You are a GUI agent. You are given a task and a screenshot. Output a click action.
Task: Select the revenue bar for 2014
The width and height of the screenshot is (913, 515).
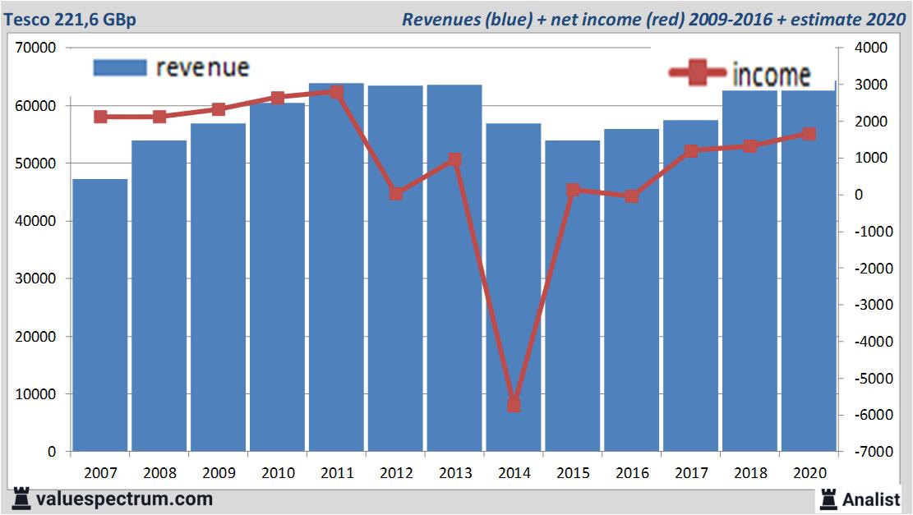pyautogui.click(x=514, y=287)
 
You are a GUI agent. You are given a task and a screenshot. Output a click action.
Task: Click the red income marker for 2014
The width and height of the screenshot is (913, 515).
pyautogui.click(x=514, y=405)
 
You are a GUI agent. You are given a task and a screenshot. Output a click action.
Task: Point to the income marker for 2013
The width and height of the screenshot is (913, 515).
pyautogui.click(x=455, y=159)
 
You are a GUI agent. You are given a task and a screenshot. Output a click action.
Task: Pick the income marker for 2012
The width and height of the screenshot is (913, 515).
pyautogui.click(x=396, y=194)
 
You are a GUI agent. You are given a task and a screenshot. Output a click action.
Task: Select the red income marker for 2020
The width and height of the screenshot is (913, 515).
pyautogui.click(x=809, y=134)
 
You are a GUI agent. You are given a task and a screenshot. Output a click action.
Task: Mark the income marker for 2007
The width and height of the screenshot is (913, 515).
pyautogui.click(x=100, y=117)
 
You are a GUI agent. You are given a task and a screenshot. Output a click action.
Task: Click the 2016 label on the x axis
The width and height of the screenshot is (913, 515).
pyautogui.click(x=632, y=473)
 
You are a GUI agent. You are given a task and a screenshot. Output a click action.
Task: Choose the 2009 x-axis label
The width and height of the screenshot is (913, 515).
pyautogui.click(x=219, y=473)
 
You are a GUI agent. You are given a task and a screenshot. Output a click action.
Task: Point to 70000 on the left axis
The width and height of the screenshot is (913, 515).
pyautogui.click(x=37, y=48)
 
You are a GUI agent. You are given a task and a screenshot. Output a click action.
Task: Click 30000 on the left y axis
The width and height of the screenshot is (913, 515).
pyautogui.click(x=37, y=278)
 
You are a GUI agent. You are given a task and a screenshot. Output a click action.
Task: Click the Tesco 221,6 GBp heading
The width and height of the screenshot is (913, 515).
pyautogui.click(x=70, y=20)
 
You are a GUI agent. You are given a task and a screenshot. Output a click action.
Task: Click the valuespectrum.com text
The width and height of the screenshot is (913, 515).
pyautogui.click(x=124, y=499)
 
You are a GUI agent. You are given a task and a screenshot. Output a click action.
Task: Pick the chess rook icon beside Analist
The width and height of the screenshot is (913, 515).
pyautogui.click(x=828, y=498)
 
